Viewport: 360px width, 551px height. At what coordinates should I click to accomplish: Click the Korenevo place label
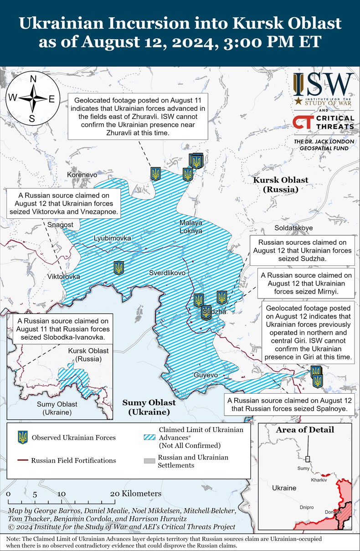click(82, 175)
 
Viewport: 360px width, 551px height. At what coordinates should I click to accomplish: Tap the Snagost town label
click(60, 225)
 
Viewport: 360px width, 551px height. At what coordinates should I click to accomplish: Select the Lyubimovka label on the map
click(112, 238)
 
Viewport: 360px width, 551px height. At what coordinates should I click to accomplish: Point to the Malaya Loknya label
click(191, 227)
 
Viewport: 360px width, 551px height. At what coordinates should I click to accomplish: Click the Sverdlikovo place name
click(167, 273)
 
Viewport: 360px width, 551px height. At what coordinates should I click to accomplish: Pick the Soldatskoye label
click(293, 227)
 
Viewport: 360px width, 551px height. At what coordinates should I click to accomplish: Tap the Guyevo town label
click(206, 375)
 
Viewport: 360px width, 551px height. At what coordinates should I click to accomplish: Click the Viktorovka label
click(64, 277)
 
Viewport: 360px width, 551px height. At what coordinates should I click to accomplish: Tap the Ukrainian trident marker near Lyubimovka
click(119, 268)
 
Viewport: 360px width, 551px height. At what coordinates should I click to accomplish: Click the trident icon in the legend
click(22, 438)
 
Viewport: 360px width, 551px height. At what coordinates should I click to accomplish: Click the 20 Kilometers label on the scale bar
click(135, 494)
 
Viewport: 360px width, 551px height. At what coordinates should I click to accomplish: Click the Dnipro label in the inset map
click(306, 507)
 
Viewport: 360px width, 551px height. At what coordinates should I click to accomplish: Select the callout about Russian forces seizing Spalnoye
click(290, 405)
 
